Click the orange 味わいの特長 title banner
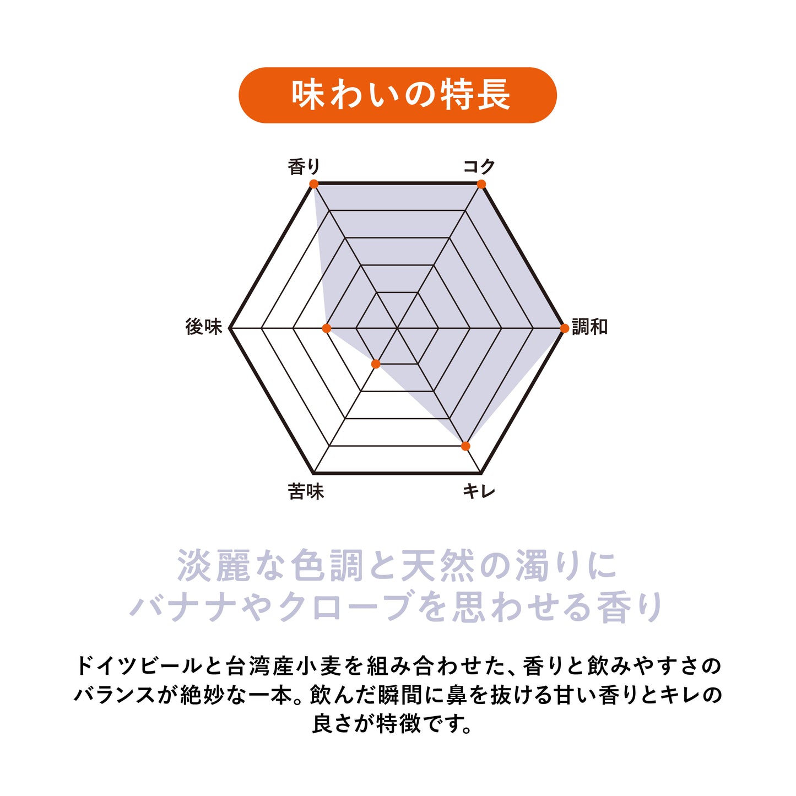pos(397,95)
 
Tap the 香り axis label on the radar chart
pos(304,167)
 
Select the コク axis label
pos(479,166)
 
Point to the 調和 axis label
pos(589,327)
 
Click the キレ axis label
pos(479,491)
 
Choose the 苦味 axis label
pos(306,491)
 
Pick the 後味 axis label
pos(204,327)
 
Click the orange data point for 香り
pos(314,184)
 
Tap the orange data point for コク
pos(481,184)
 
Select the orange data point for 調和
pos(564,328)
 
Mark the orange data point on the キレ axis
pos(465,446)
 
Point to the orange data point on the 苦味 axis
pos(376,364)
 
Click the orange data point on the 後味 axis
pos(326,328)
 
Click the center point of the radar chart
pos(397,328)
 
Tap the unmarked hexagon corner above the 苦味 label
pos(313,473)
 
